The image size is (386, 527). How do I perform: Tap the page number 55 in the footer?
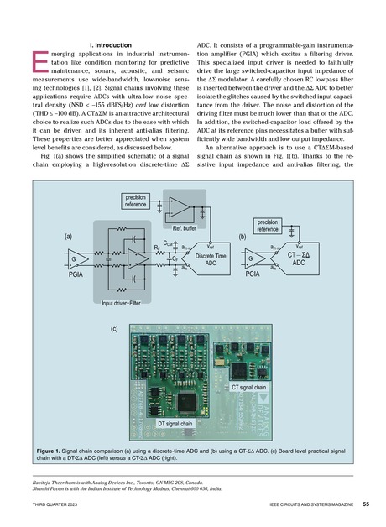(x=366, y=505)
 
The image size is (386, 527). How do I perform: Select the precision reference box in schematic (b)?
(x=273, y=222)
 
